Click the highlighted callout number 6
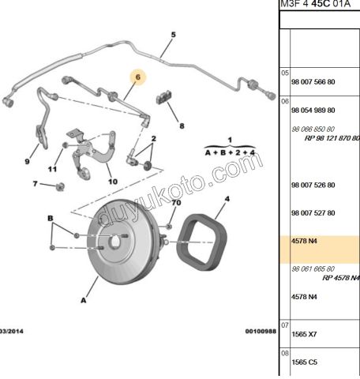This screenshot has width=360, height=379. click(137, 77)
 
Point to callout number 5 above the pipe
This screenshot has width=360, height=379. click(173, 35)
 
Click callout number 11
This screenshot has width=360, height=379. click(53, 169)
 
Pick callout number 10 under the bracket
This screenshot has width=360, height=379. click(112, 181)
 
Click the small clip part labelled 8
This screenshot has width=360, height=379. click(167, 98)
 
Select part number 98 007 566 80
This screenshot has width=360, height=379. click(313, 81)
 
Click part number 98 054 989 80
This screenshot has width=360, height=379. click(313, 110)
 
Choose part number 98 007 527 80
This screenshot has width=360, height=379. click(313, 213)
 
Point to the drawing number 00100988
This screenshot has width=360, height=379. click(261, 331)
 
